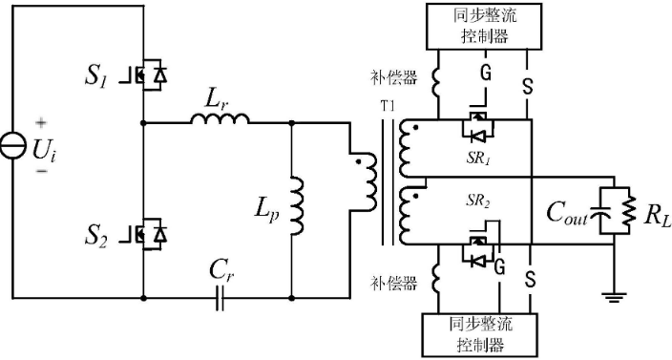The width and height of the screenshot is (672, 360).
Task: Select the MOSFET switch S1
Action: click(151, 75)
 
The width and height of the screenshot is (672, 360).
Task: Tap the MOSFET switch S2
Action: click(151, 233)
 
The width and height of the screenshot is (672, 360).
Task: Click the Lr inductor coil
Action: click(220, 118)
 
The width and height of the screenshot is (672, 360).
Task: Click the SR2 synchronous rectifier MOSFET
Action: click(479, 252)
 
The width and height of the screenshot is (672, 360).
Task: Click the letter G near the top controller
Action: click(485, 72)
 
